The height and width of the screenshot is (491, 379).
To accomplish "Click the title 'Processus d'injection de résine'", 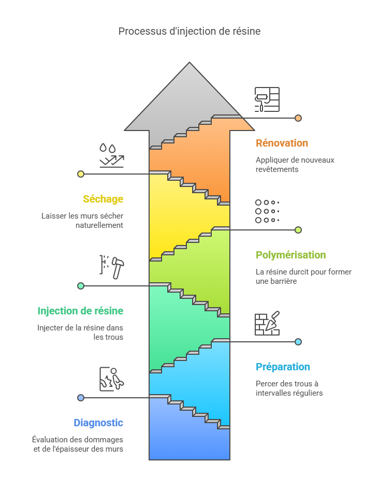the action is coord(189,31).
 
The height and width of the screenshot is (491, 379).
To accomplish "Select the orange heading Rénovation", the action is coord(282,143).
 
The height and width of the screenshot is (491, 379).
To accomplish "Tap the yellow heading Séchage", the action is coord(103,199).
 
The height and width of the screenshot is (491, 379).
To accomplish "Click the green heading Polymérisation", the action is coord(291,255).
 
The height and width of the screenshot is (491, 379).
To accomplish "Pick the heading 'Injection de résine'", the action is coord(80,311).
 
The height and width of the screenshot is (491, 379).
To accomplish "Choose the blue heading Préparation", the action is coord(283,367).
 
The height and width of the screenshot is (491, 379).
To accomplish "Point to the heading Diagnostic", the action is coord(98,423).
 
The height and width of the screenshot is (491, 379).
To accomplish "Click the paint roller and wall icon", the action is coord(267,99).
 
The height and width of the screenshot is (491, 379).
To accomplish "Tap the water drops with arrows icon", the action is coord(112,155).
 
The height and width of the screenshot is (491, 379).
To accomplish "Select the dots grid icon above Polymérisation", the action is coord(267,211).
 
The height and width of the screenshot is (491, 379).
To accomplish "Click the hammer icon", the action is coord(112,267).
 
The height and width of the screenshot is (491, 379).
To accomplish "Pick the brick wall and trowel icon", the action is coord(267,323).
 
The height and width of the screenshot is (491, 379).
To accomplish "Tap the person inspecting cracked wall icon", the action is coord(112,379).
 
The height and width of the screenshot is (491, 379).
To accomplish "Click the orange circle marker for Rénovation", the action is coord(298,118).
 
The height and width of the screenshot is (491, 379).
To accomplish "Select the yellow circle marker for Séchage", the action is coord(81,174).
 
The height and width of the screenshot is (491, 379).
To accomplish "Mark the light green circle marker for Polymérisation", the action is coord(298,230).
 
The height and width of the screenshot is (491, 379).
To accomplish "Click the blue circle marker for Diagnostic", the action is coord(81,398).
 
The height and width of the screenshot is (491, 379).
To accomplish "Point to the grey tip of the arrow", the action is coord(189,62).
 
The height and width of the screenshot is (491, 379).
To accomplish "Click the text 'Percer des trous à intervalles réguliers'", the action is coord(289,388).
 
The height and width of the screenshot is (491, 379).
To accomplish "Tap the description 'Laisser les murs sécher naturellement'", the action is coord(82,221).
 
